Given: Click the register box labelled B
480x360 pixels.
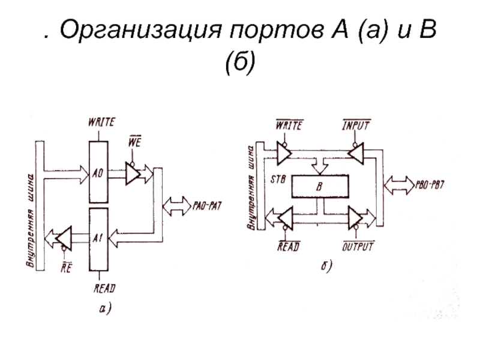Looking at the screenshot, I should coord(323,187).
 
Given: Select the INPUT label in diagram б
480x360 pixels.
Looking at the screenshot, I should coord(356,126).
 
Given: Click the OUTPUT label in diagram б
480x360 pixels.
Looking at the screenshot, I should coord(358,246).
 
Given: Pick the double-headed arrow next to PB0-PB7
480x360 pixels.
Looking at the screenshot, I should coord(399,181).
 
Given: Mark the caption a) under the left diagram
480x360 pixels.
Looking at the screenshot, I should coord(106,308).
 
